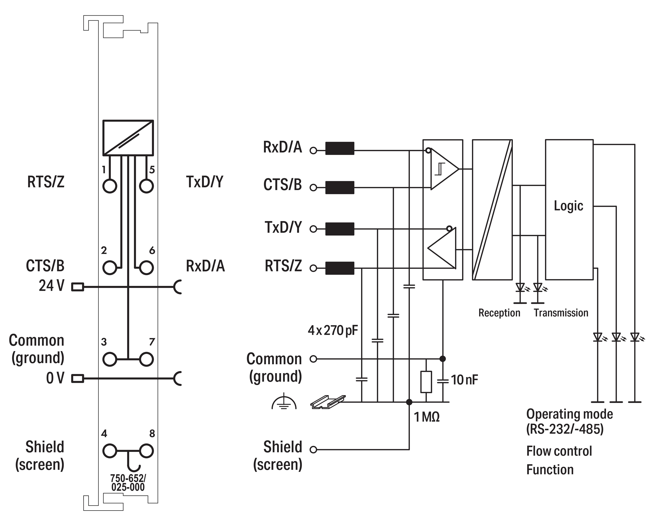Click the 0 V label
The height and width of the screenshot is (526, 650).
(x=55, y=378)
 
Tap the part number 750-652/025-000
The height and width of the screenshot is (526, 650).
(x=128, y=483)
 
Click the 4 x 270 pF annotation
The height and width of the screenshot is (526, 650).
(x=333, y=331)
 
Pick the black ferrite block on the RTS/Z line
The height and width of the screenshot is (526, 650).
(x=340, y=268)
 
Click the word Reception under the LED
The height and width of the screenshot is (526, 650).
(x=499, y=313)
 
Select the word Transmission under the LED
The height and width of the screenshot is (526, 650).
(x=561, y=313)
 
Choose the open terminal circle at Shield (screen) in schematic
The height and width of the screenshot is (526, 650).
(x=313, y=450)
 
